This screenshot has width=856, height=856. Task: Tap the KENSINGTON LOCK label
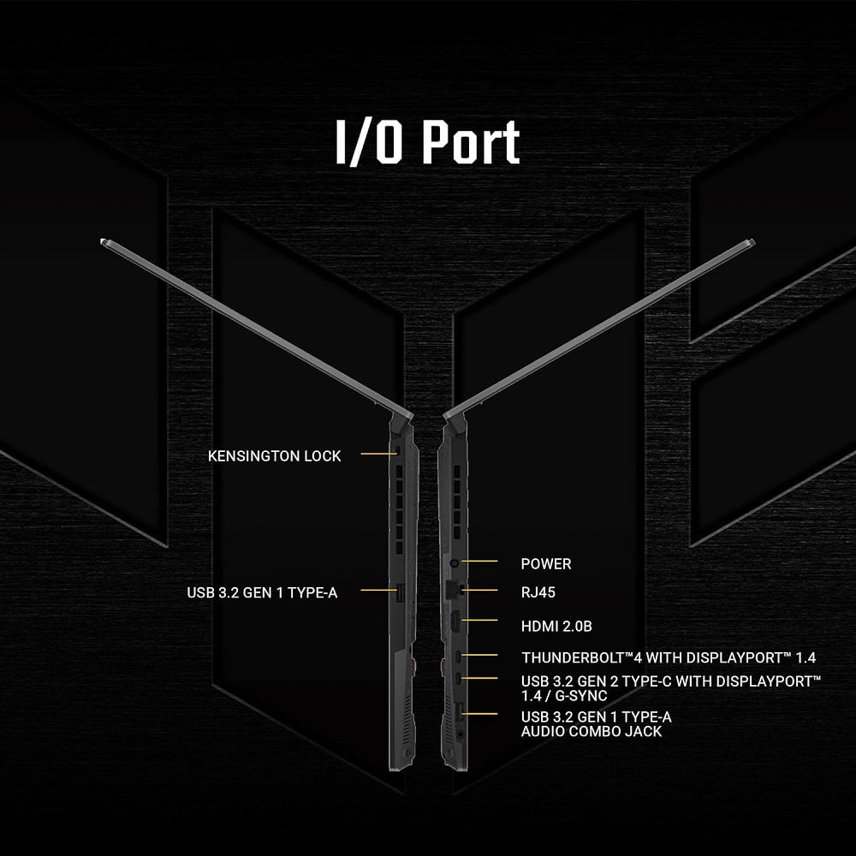274,456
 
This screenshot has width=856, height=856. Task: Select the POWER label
546,564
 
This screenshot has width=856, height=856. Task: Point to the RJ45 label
538,592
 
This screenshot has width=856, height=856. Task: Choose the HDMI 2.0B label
556,627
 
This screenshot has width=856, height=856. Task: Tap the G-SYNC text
581,696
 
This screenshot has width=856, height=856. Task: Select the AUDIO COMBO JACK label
591,732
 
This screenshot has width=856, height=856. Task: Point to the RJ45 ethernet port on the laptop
454,590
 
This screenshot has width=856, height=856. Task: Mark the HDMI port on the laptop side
455,623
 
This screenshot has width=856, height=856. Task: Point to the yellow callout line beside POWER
479,561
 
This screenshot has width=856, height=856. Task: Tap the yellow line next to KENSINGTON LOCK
377,454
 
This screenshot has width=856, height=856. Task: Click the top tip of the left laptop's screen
103,241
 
